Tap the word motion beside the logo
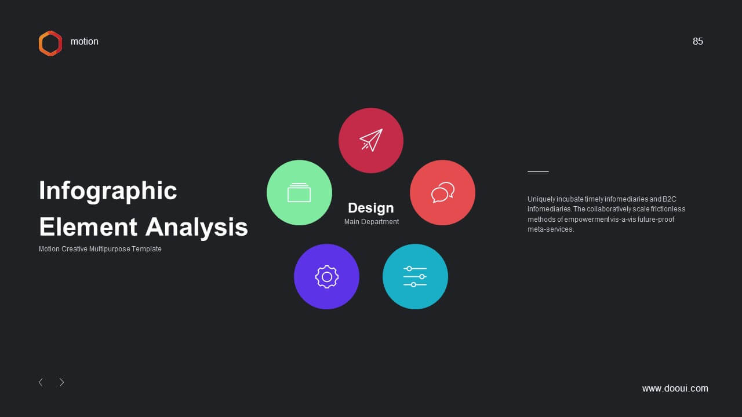coord(84,41)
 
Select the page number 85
coord(697,41)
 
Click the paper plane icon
coord(371,140)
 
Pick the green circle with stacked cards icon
coord(299,193)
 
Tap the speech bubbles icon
coord(442,192)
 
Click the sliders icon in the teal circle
coord(415,276)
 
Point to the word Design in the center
coord(370,208)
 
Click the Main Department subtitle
coord(372,222)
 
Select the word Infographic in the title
coord(108,191)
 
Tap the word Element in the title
coord(88,227)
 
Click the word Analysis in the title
coord(197,227)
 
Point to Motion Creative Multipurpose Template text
coord(100,249)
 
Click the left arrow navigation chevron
coord(41,382)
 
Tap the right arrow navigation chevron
coord(61,382)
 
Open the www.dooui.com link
coord(675,388)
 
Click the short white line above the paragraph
coord(538,172)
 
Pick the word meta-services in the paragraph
coord(551,229)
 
